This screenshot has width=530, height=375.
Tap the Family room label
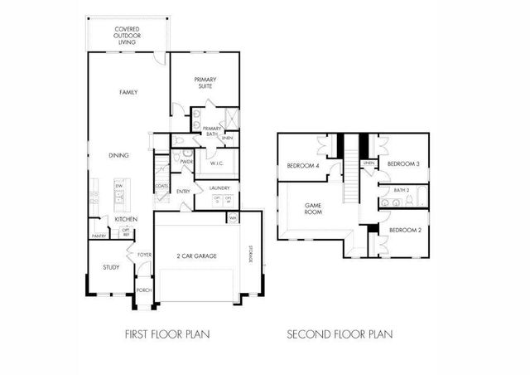pos(128,92)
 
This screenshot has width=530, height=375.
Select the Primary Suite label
pos(206,82)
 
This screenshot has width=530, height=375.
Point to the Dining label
pos(119,155)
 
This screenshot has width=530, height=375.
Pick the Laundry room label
pos(219,188)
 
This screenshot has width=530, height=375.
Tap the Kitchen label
pos(126,219)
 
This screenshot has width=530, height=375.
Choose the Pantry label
pos(99,236)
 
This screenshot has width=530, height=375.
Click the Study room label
pos(111,267)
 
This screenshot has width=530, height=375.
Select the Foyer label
pos(144,255)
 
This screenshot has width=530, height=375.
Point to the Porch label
pos(144,290)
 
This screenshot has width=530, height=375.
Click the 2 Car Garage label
pos(196,256)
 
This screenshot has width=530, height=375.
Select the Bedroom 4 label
pos(303,165)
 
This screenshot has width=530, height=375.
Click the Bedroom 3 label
pos(404,163)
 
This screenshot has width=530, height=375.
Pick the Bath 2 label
pos(402,191)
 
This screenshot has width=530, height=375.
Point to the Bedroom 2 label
pos(405,230)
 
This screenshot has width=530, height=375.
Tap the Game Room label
pos(314,208)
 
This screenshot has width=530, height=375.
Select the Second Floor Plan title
pos(340,335)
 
